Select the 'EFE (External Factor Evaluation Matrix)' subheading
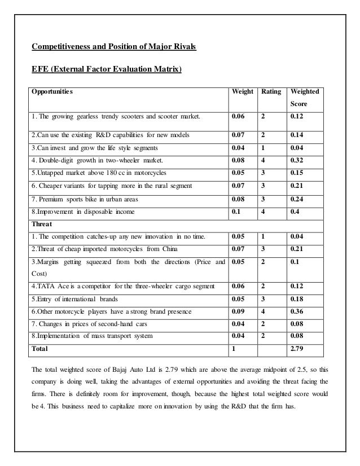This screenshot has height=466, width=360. click(106, 71)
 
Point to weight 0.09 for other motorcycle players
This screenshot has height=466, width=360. click(239, 311)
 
